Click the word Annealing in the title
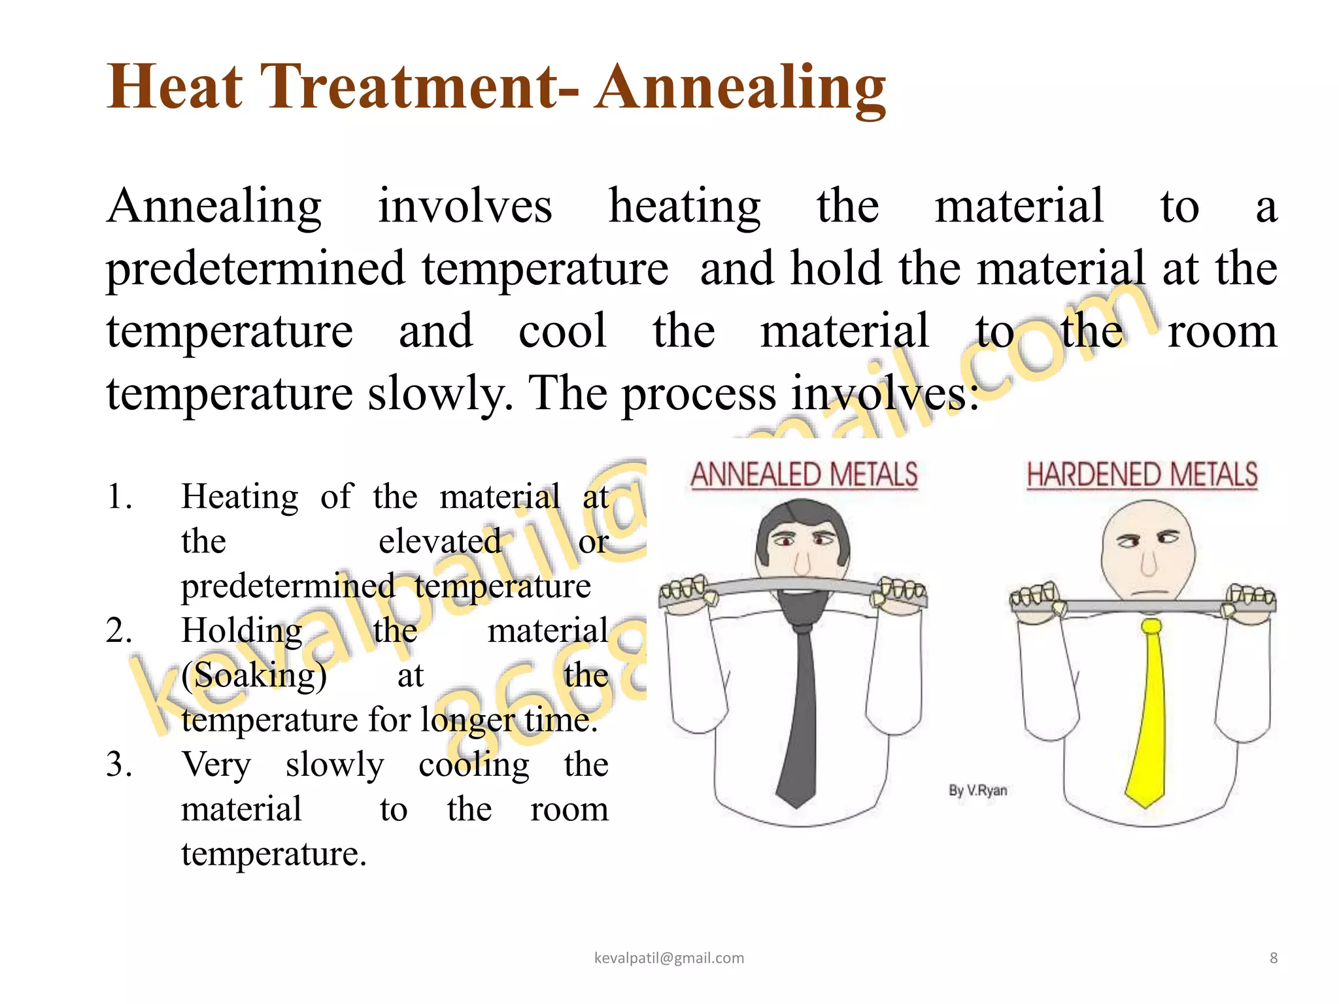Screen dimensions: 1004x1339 740,88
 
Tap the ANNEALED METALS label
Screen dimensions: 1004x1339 804,475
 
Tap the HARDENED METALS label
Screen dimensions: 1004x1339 1142,475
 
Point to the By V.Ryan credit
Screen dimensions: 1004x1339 977,790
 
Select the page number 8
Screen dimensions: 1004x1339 1273,958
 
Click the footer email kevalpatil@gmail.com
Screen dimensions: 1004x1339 669,958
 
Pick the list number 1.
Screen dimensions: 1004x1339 118,497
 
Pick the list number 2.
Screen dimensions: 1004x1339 118,631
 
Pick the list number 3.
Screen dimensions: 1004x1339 118,765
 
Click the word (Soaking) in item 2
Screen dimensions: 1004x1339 254,676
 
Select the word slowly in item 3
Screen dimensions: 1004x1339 335,765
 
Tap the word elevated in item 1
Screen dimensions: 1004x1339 440,542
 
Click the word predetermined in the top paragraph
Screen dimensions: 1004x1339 256,269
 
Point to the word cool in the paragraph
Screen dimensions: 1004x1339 562,331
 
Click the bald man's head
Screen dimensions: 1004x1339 1148,543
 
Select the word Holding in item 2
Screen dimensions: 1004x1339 241,631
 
